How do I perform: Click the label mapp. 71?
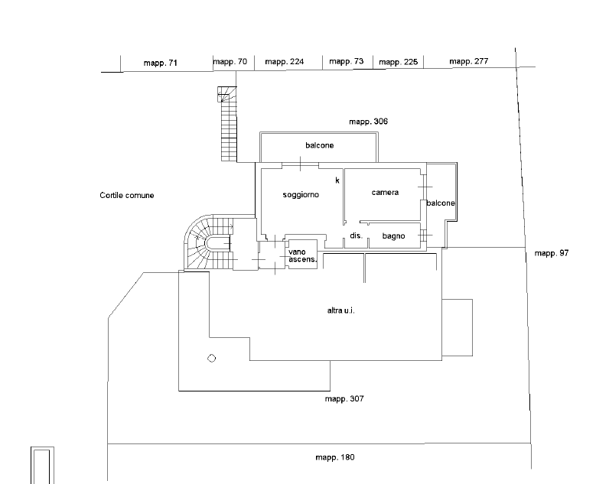[161, 63]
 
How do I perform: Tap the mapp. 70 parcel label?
[230, 62]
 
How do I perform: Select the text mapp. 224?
[285, 62]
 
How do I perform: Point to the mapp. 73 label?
[347, 61]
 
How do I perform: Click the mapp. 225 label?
[398, 62]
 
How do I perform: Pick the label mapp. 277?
[469, 61]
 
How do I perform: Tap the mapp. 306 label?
[368, 122]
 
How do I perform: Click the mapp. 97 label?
[552, 253]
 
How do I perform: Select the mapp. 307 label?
[344, 399]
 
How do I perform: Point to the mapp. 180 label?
[335, 457]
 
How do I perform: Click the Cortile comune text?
[126, 196]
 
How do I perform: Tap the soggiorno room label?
[301, 195]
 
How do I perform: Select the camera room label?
[385, 193]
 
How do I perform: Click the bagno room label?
[393, 236]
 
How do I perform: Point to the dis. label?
[357, 236]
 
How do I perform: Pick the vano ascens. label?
[302, 256]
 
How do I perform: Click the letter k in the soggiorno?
[337, 180]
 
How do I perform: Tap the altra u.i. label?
[340, 310]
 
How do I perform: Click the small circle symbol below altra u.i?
[212, 359]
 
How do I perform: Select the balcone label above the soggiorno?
[319, 145]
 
